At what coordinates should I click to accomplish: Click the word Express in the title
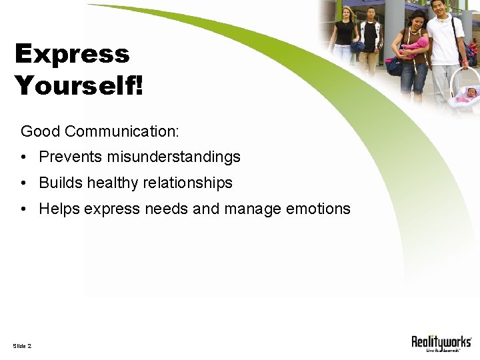click(72, 55)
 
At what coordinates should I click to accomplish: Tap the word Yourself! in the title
click(79, 85)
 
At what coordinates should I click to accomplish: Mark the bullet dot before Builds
click(23, 183)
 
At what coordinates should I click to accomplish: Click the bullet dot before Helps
click(23, 209)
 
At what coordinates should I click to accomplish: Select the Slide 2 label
click(22, 345)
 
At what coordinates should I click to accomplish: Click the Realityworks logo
click(441, 343)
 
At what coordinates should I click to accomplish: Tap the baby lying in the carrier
click(468, 94)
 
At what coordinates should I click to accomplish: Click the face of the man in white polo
click(438, 8)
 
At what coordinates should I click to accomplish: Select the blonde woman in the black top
click(345, 37)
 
